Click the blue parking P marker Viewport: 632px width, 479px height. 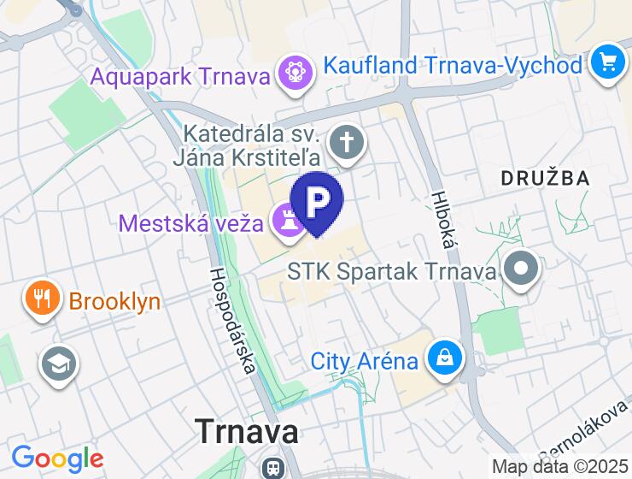click(x=317, y=201)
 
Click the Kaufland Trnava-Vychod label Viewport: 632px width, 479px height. click(x=453, y=65)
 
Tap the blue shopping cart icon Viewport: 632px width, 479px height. click(x=608, y=62)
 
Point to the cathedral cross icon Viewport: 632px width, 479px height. click(x=346, y=143)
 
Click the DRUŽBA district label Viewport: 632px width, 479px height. click(x=545, y=178)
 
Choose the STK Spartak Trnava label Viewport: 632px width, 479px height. click(x=392, y=272)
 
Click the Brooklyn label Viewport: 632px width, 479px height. click(x=114, y=301)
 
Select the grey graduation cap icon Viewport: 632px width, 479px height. click(x=58, y=364)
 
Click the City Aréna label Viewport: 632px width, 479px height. click(x=365, y=361)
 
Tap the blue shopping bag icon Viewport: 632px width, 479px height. click(x=445, y=358)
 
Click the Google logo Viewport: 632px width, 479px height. click(x=57, y=459)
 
